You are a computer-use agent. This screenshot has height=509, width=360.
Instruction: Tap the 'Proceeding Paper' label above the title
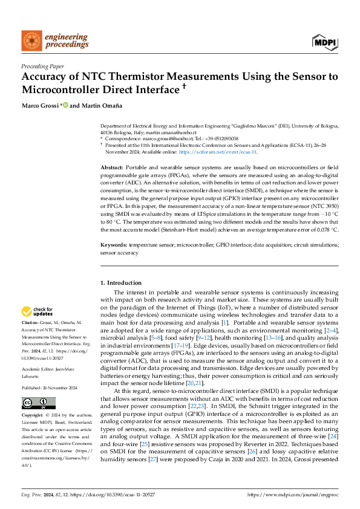point(43,66)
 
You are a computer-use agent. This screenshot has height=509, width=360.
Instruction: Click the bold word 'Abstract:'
point(112,166)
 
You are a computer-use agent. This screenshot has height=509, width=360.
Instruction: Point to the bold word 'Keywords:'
point(114,244)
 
